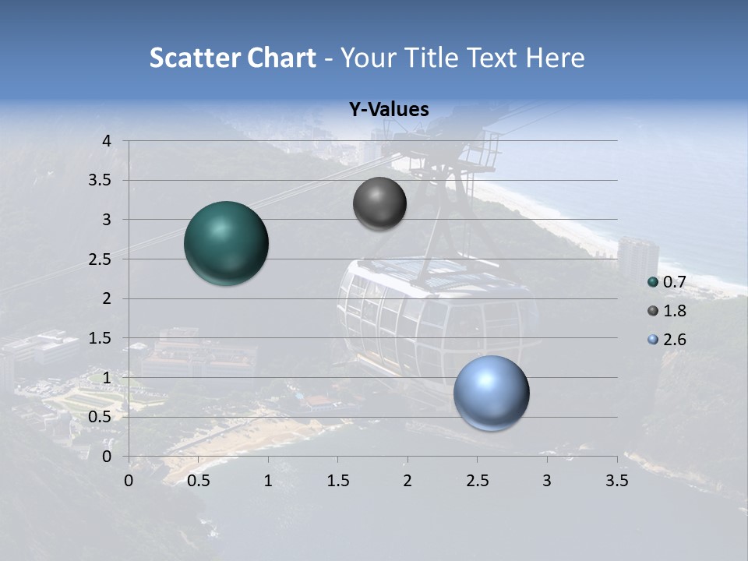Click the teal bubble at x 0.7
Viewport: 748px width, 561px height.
pos(226,243)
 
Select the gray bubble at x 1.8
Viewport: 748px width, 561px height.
pos(379,203)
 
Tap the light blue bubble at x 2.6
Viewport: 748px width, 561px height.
pos(491,393)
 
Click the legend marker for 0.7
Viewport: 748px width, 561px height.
pos(653,282)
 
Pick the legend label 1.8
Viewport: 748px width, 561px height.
pos(675,311)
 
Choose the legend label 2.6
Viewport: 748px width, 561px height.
pos(675,340)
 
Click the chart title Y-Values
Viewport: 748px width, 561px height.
pos(388,110)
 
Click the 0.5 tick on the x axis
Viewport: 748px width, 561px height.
pos(199,481)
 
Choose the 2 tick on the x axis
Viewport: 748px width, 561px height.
pos(408,481)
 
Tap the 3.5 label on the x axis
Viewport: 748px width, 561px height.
pos(617,481)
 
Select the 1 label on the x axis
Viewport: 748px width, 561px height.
pos(268,481)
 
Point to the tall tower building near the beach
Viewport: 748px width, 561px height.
pos(638,257)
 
